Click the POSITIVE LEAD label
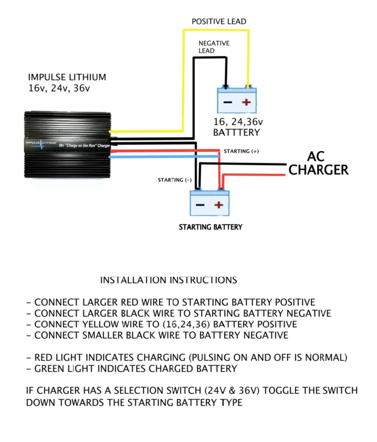[219, 22]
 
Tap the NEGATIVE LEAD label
[214, 47]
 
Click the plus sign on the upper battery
[246, 102]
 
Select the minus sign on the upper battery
[228, 102]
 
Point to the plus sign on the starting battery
[218, 205]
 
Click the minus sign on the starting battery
[200, 205]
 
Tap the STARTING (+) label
[241, 151]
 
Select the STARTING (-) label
[175, 180]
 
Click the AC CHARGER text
[318, 163]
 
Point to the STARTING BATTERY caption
[210, 227]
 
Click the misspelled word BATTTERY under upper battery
[236, 133]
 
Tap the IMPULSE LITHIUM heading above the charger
[67, 77]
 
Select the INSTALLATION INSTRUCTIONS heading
[168, 280]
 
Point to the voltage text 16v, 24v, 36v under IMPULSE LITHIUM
[59, 89]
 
